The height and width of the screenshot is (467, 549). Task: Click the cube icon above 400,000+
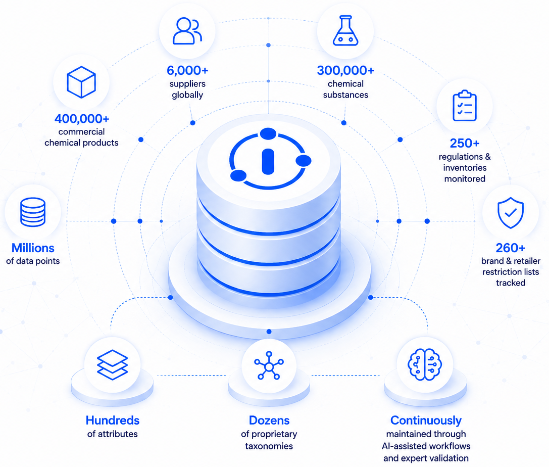coord(81,82)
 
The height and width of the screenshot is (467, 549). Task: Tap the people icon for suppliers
coord(187,31)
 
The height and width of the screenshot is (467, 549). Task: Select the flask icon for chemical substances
coord(345,30)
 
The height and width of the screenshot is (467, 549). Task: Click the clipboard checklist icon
coord(465,106)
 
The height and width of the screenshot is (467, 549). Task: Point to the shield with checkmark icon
coord(511,213)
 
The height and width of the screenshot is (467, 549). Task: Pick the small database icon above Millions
coord(33,212)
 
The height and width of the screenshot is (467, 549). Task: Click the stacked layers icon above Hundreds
coord(113,365)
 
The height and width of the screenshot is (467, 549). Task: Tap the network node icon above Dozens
coord(269,365)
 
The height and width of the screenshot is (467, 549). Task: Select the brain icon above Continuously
coord(425,365)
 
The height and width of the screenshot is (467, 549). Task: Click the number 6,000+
coord(187,70)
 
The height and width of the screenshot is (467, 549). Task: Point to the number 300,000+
coord(345,70)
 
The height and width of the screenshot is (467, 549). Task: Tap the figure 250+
coord(465,144)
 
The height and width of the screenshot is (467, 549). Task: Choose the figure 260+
coord(511,248)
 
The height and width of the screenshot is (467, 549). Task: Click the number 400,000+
coord(82,119)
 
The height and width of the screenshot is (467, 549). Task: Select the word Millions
coord(33,248)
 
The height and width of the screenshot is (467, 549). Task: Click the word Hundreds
coord(113,421)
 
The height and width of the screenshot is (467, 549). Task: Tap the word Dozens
coord(269,421)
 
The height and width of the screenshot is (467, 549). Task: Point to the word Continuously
coord(426,421)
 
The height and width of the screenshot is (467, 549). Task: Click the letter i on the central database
coord(268,162)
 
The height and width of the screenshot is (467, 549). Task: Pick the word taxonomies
coord(269,446)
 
